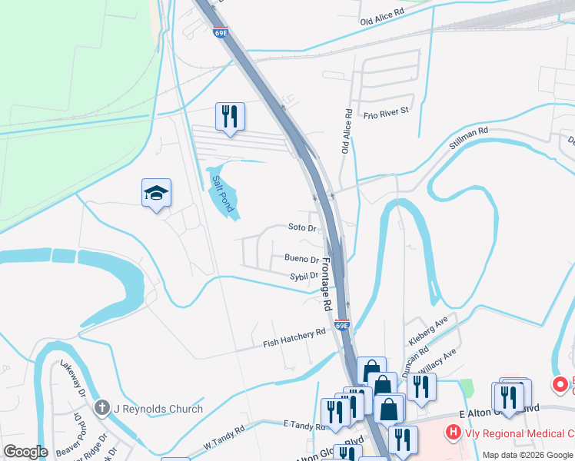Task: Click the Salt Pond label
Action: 222,191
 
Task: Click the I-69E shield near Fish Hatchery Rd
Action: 343,326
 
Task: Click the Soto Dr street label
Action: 302,228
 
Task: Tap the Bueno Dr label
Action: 301,260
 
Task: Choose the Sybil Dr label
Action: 304,276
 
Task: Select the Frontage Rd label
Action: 326,284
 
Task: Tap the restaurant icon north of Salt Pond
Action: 230,117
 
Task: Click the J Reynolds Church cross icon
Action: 101,409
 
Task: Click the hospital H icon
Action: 454,433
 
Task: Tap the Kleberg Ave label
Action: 427,330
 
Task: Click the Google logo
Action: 25,452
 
